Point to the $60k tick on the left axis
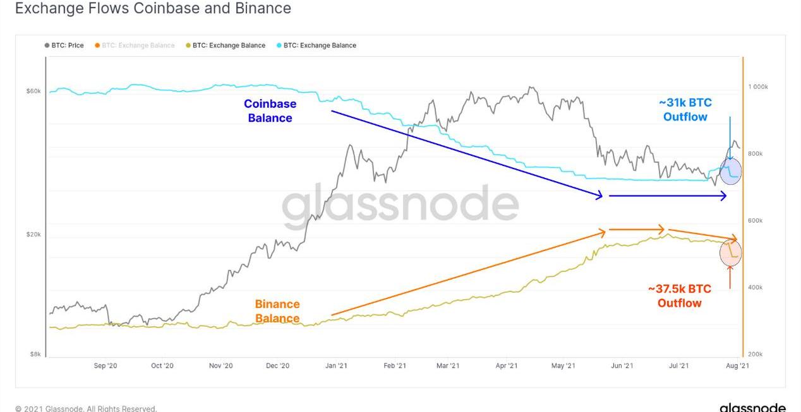[x=33, y=91]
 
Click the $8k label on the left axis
[x=35, y=354]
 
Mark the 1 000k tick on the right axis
[x=758, y=87]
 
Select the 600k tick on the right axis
[x=756, y=221]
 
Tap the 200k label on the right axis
[x=756, y=355]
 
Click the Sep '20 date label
[x=105, y=365]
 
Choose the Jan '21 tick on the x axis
[x=336, y=365]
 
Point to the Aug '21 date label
[x=737, y=365]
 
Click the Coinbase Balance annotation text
[x=270, y=111]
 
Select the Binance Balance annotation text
[x=277, y=311]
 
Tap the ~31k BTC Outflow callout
[x=685, y=110]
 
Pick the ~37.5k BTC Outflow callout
[x=680, y=296]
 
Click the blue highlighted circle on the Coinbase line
[x=730, y=172]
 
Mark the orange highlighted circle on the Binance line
[x=730, y=253]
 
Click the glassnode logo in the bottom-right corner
[x=752, y=408]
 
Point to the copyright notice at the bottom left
[x=86, y=408]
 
